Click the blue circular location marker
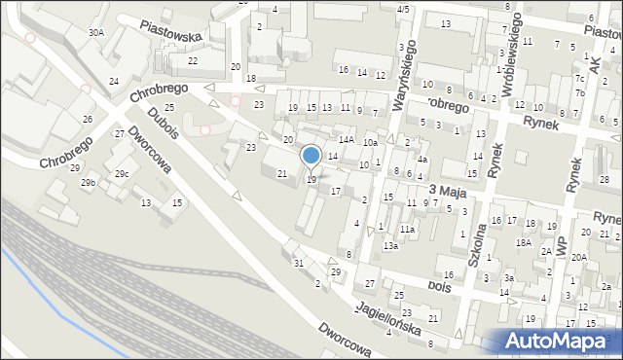[x=311, y=156]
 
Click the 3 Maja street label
[x=444, y=193]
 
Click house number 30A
[x=95, y=32]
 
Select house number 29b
[x=89, y=183]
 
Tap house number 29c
[x=121, y=174]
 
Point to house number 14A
[x=346, y=140]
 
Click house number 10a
[x=370, y=143]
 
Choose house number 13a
[x=390, y=246]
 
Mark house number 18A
[x=523, y=242]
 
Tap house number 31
[x=299, y=264]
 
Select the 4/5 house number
[x=403, y=9]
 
